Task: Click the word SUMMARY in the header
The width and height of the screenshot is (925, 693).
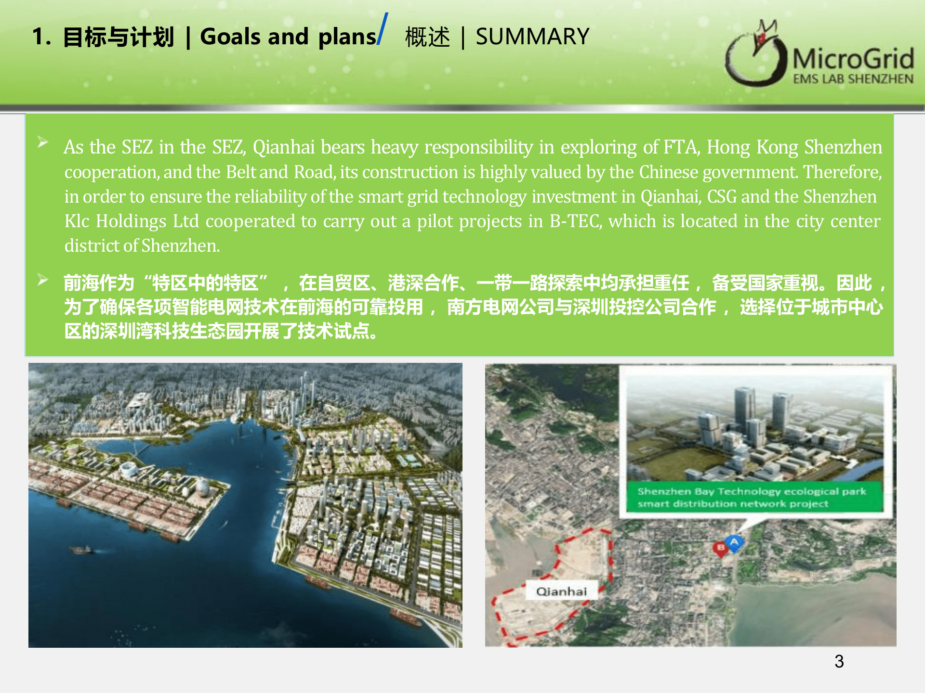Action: (x=532, y=37)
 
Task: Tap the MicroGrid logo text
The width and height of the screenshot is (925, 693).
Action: (x=853, y=59)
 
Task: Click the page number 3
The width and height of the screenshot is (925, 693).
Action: (x=839, y=661)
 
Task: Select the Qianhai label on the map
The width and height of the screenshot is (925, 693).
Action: (x=562, y=591)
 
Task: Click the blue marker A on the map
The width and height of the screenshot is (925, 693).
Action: (x=734, y=543)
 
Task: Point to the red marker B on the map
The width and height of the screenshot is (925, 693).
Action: (x=721, y=549)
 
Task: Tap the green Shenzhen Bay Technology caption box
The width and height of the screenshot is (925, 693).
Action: (x=755, y=498)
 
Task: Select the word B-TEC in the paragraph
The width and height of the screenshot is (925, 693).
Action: (x=576, y=221)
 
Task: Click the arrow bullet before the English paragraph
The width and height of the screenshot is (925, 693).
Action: (x=43, y=142)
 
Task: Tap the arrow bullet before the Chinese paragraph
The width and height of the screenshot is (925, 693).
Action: (x=43, y=280)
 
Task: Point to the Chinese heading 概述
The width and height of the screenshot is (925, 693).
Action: (x=427, y=37)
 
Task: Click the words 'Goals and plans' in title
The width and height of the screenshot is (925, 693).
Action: (x=288, y=37)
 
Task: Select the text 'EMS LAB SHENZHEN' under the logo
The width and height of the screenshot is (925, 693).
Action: (x=853, y=79)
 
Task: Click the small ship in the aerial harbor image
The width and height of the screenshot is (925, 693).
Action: (x=82, y=550)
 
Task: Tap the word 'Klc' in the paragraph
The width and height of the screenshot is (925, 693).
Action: (x=77, y=221)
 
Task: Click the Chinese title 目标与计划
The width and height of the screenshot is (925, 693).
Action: (x=119, y=37)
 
